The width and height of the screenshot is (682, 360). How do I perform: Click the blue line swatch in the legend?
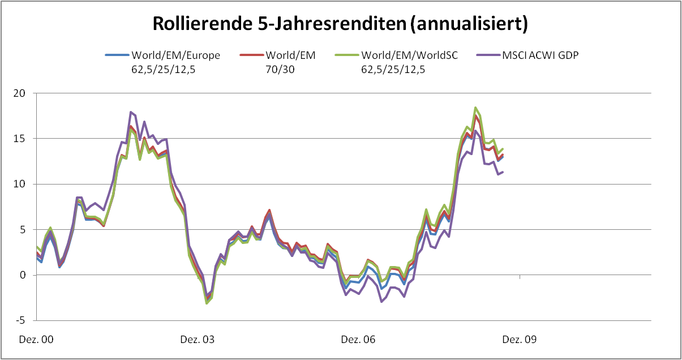(117, 55)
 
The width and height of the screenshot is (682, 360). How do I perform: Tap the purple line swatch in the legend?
(488, 55)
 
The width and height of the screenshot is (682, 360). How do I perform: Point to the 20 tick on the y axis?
(22, 93)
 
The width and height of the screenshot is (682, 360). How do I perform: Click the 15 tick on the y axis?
(22, 139)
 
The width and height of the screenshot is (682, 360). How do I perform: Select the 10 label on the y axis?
(22, 184)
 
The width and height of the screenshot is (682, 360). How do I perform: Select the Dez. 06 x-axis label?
(358, 340)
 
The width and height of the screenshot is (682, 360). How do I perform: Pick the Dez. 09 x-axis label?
(520, 340)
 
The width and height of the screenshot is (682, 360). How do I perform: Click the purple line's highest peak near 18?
(131, 112)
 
